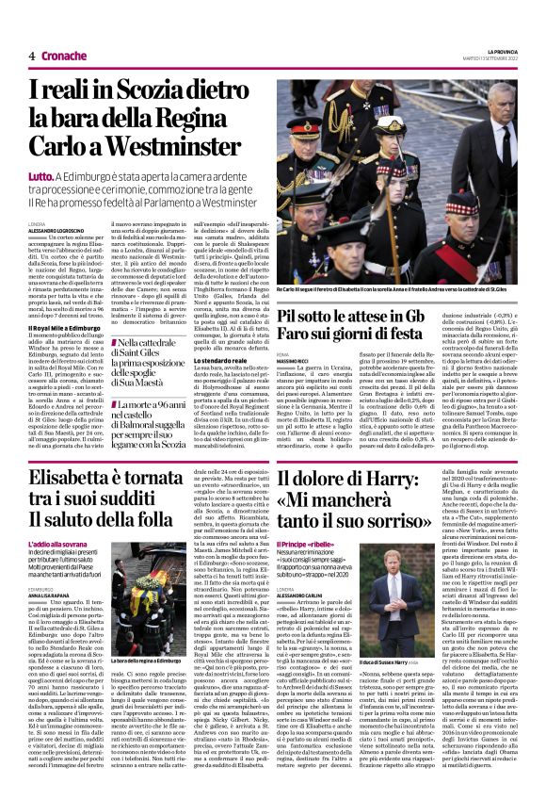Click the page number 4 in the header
coord(31,56)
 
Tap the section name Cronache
coord(64,56)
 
